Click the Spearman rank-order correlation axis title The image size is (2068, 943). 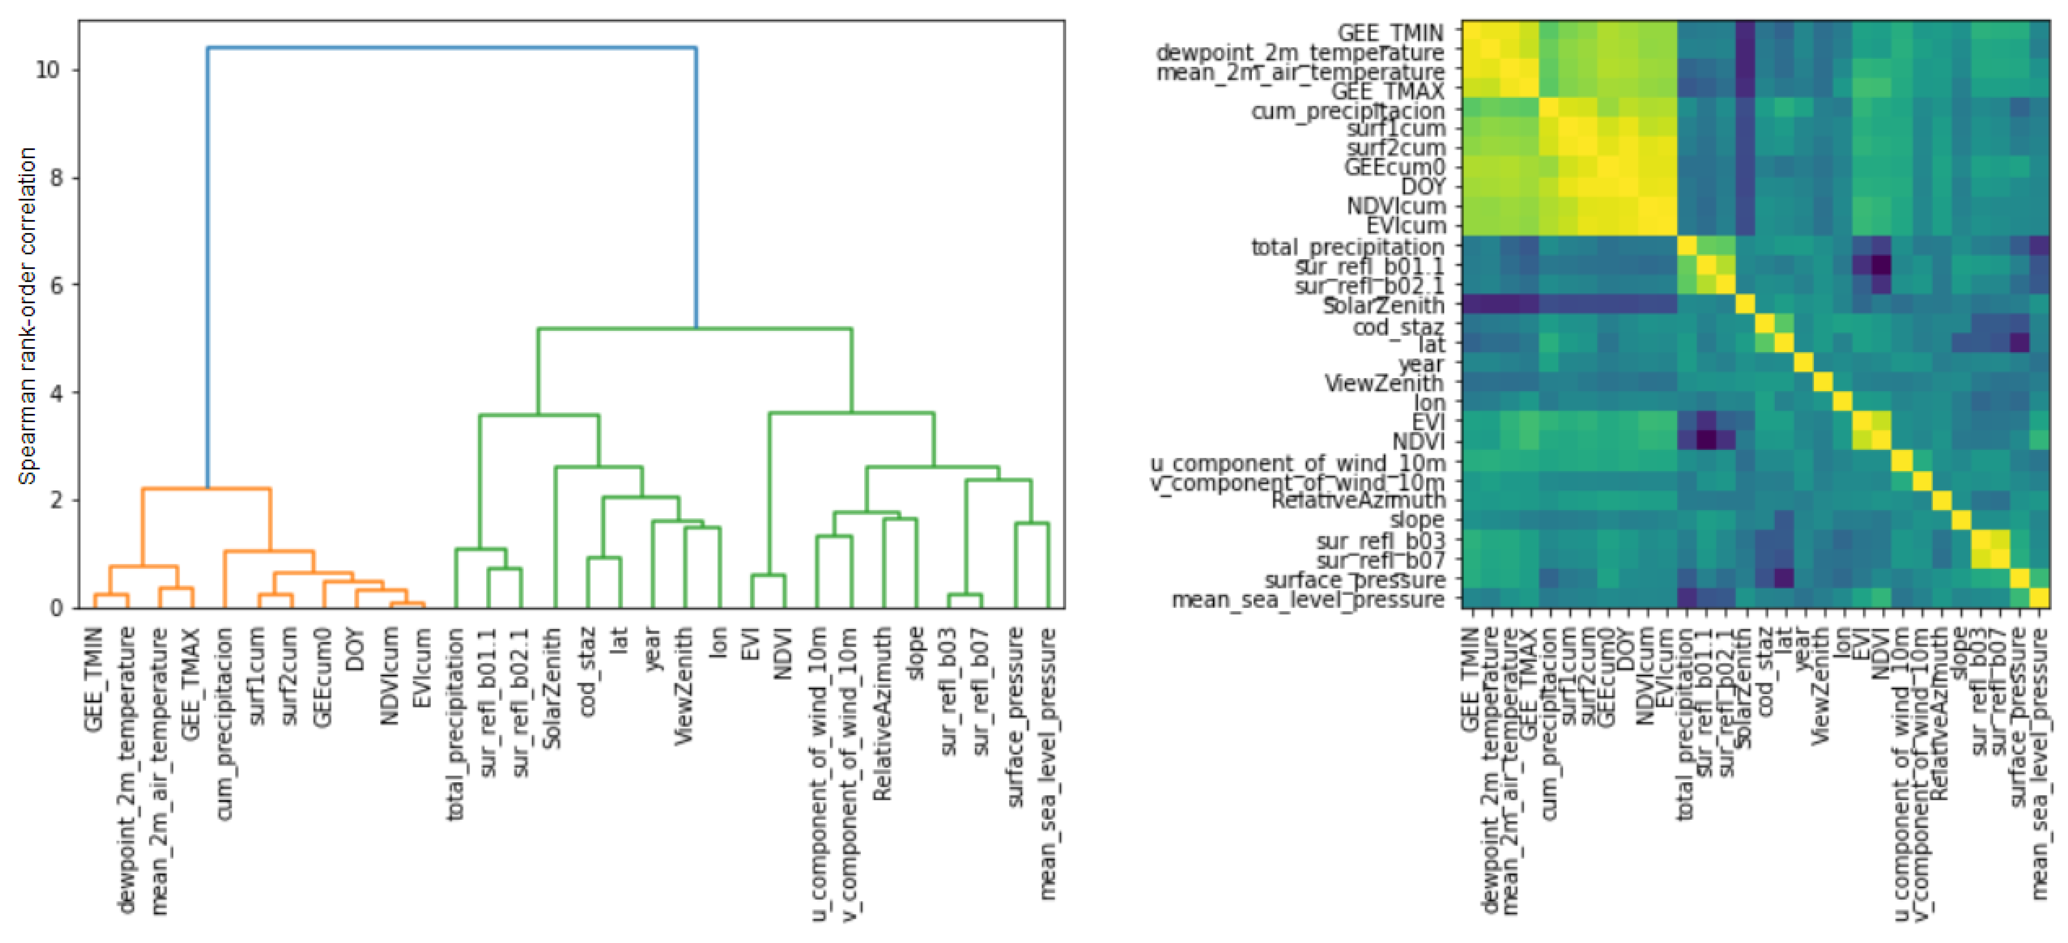(27, 316)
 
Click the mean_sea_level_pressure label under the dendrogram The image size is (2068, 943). (1047, 763)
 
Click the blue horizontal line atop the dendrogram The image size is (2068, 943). (451, 48)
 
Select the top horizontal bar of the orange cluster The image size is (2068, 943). (206, 488)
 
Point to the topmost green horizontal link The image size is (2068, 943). (694, 328)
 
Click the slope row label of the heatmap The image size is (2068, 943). (1417, 520)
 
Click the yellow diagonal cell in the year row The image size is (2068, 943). (1803, 363)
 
